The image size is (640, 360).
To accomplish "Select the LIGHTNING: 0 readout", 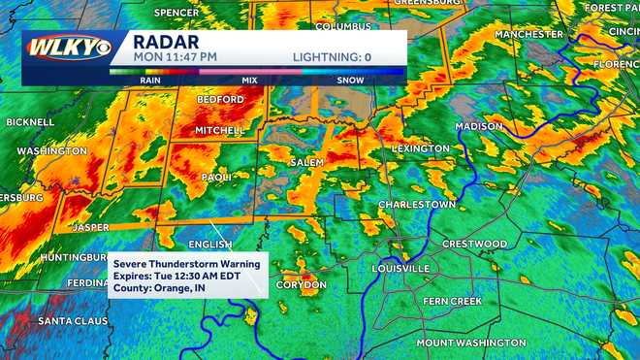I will coord(333,57).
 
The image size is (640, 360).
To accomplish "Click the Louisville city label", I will coord(400,268).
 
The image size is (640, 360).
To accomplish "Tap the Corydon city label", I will coord(302,284).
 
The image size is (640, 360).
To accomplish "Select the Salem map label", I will coord(306,162).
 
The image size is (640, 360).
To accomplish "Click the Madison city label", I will coord(479,126).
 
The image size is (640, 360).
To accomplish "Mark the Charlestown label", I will coord(416,205).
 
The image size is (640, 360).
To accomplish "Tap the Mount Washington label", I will coord(471,343).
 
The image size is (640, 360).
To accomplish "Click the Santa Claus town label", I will coord(70,320).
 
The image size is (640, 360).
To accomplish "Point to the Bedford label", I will coord(221,99).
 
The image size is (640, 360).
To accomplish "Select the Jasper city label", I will coord(90,227).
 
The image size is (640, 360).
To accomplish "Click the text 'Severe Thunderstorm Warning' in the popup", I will coord(184,263).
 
